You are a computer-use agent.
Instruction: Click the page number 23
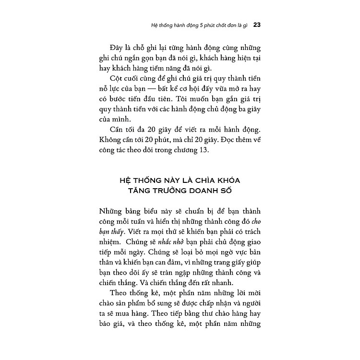point(256,24)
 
